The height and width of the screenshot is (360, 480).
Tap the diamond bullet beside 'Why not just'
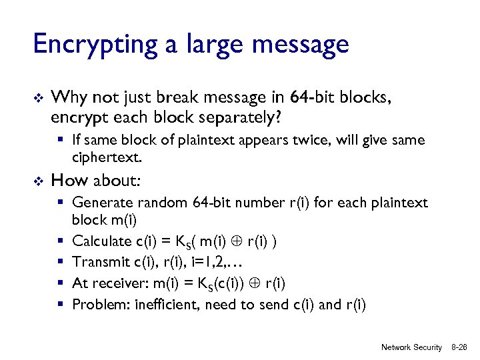tap(38, 99)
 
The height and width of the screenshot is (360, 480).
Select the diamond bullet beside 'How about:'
tap(38, 181)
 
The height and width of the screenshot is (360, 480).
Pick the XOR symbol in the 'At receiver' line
tap(254, 284)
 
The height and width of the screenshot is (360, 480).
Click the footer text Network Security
tap(411, 347)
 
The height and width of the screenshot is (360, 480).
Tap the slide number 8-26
tap(459, 347)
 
